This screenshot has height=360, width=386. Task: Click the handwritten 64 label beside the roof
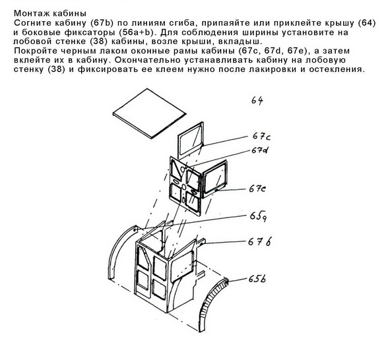257,100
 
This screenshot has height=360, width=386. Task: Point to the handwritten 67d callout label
260,150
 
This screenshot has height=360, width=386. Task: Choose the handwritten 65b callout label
257,279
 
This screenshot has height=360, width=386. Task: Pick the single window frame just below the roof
190,139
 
